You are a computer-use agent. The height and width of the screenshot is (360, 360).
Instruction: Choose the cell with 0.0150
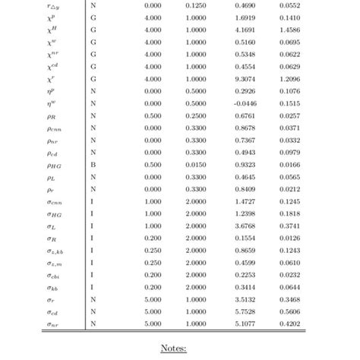pos(195,165)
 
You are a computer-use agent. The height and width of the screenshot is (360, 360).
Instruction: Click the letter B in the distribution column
pos(93,165)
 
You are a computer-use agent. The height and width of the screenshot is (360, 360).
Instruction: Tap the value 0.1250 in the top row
pos(195,5)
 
